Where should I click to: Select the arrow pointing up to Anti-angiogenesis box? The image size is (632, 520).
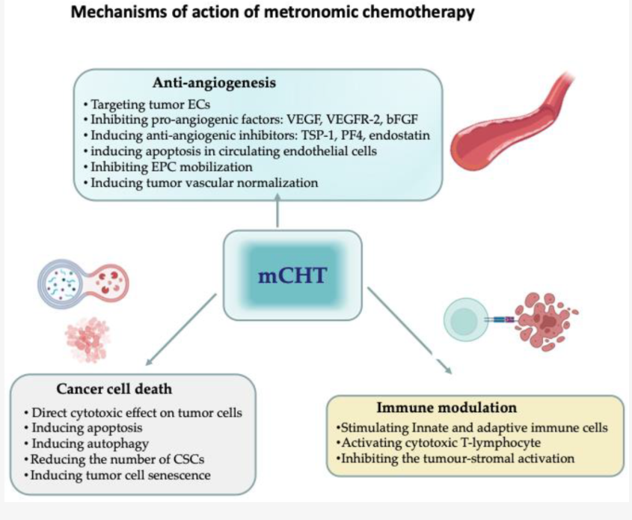(x=278, y=213)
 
